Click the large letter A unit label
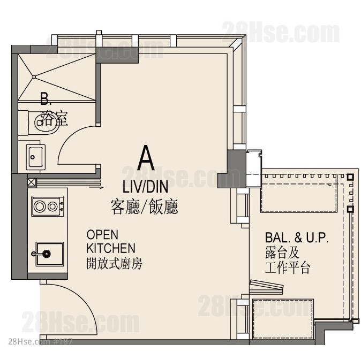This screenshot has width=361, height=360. (146, 157)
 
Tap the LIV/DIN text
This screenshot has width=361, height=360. (145, 187)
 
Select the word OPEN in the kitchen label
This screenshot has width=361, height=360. (102, 235)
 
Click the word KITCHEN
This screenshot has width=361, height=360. (111, 248)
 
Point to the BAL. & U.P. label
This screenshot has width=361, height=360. (297, 238)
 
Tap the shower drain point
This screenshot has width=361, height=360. (34, 77)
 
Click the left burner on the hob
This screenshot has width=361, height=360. (39, 206)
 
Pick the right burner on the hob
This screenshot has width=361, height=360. (52, 206)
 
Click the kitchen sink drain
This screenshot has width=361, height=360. (47, 254)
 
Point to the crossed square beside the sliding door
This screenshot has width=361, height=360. (32, 182)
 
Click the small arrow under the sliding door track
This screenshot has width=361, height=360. (96, 187)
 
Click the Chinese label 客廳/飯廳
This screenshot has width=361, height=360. (144, 207)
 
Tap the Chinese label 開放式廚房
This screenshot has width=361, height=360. (115, 264)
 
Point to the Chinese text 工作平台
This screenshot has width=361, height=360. (288, 267)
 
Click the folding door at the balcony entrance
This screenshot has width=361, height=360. (266, 286)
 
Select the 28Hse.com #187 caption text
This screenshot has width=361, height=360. (40, 342)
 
